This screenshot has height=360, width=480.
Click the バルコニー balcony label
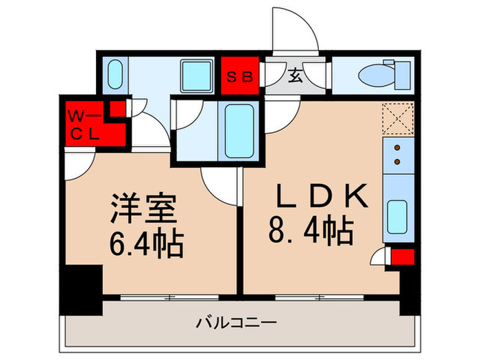[237, 322]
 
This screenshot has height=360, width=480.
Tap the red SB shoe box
[240, 77]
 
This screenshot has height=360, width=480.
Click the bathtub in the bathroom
[239, 130]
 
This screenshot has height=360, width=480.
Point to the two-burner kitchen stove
[397, 155]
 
